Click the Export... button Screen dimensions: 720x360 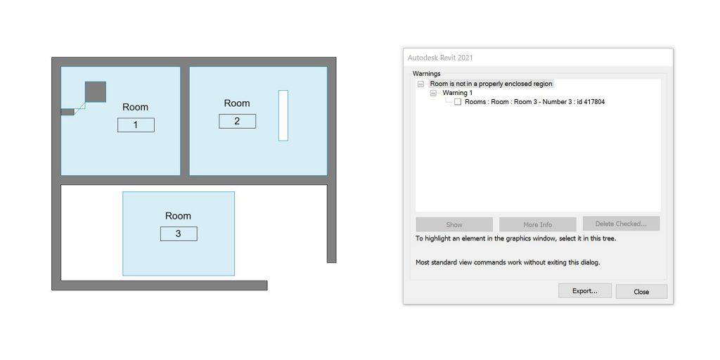coord(584,290)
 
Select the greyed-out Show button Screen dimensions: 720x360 coord(454,224)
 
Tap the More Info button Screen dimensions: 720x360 coord(537,224)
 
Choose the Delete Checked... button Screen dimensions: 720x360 coord(621,224)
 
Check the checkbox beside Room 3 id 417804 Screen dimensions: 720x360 coord(458,102)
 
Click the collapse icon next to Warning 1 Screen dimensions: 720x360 coord(433,94)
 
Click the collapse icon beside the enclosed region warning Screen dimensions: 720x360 coord(420,84)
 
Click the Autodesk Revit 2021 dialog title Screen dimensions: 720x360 coord(440,58)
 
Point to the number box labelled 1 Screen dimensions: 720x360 coord(136,125)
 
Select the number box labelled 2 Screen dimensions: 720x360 coord(238,121)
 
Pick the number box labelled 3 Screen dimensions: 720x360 coord(179,233)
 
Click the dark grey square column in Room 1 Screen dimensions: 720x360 coord(96,92)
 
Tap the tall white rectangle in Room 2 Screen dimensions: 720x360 coord(283,115)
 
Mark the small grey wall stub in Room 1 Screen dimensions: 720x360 coord(67,112)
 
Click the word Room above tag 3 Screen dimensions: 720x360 coord(178,216)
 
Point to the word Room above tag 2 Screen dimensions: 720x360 coord(237,103)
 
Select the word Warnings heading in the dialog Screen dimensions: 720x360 coord(427,73)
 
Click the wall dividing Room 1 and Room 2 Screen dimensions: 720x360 coord(185,121)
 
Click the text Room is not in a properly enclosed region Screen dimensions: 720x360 coord(491,84)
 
